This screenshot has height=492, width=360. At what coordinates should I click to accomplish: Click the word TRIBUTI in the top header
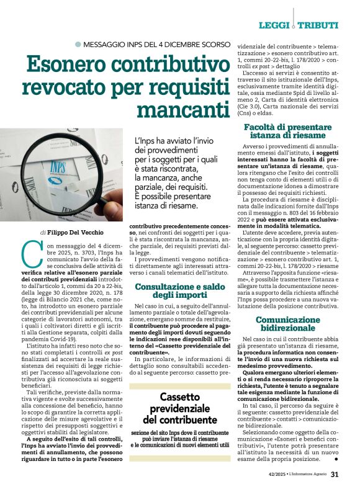tap(318, 25)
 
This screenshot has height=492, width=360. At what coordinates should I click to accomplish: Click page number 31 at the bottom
tap(334, 475)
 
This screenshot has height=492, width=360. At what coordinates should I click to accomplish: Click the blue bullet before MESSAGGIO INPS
tap(78, 44)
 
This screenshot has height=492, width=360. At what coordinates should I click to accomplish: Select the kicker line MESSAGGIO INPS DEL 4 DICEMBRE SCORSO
tap(156, 44)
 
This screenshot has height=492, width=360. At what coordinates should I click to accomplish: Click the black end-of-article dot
tap(336, 460)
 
